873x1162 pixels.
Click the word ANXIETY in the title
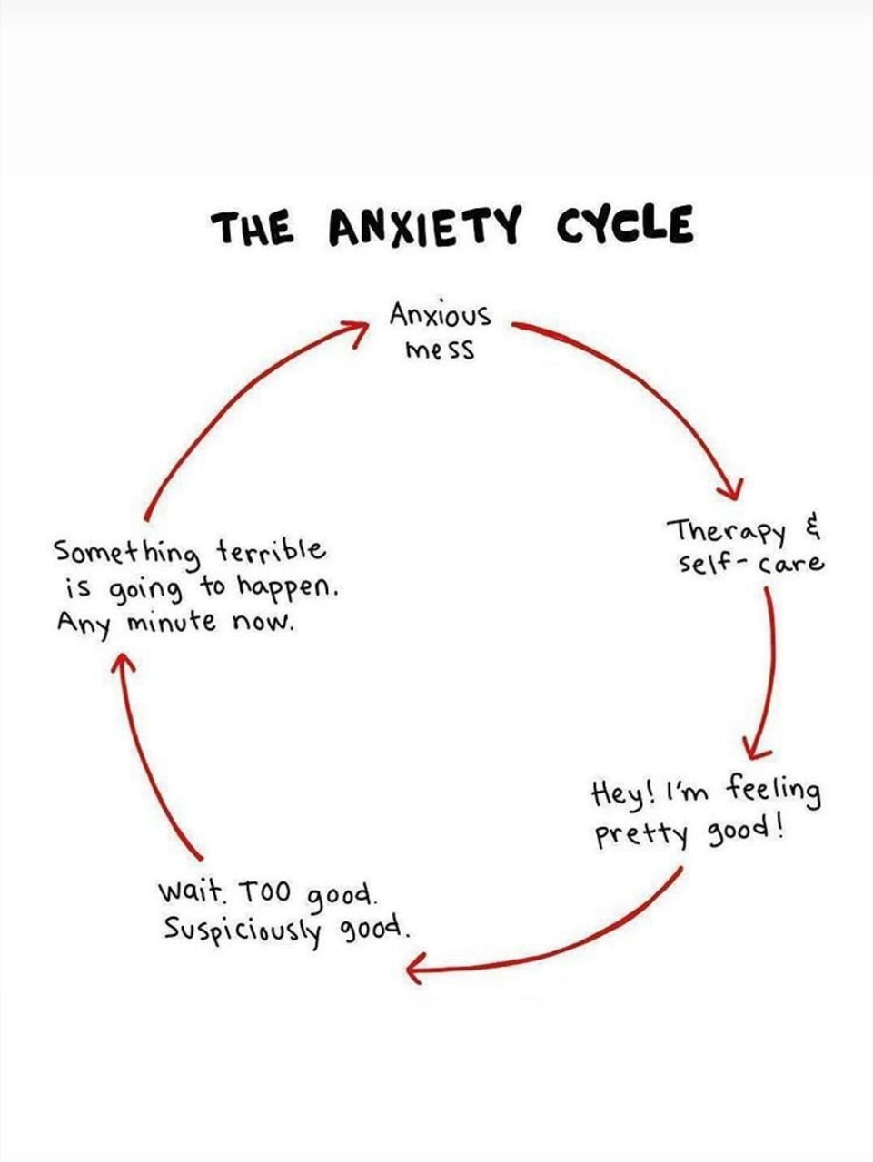click(x=422, y=227)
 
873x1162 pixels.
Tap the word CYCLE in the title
click(x=624, y=225)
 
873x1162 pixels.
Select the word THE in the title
click(x=253, y=228)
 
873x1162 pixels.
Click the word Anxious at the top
click(x=441, y=317)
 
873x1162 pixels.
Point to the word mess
click(x=441, y=350)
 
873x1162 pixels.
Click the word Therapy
click(x=727, y=531)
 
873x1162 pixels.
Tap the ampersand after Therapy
click(x=811, y=527)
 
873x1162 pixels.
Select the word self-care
click(x=750, y=564)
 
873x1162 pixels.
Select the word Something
click(x=126, y=553)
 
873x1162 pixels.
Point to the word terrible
click(x=270, y=550)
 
